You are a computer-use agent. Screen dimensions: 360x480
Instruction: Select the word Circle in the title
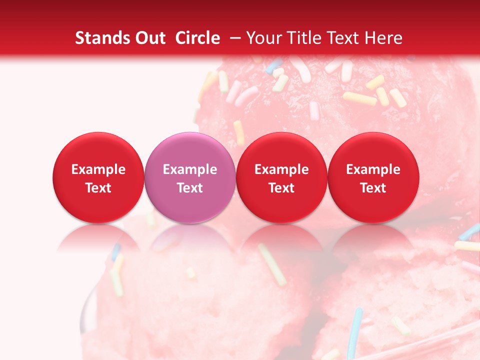(197, 38)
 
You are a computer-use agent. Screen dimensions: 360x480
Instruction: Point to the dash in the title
(234, 37)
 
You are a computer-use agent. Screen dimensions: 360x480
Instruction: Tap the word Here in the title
(383, 38)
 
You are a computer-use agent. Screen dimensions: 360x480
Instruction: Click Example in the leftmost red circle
(98, 169)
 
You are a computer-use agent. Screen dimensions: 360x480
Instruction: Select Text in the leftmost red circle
(98, 188)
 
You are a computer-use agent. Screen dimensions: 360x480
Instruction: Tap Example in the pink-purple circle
(190, 169)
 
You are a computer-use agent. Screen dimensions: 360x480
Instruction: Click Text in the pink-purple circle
(190, 188)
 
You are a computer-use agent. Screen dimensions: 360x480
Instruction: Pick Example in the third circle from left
(281, 169)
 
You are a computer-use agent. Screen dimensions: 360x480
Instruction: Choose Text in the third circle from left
(281, 188)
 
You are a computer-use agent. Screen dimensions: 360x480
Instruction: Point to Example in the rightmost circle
(373, 169)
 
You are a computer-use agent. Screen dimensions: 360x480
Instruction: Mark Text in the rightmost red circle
(373, 188)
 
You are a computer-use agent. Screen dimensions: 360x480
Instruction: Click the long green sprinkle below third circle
(271, 263)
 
